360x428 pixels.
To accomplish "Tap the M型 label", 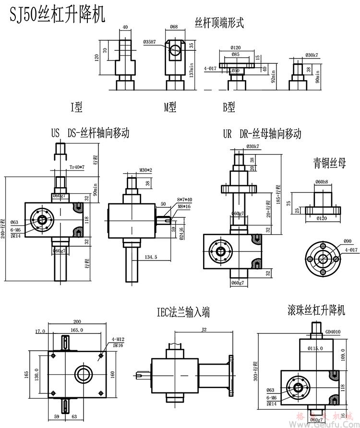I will pos(170,107).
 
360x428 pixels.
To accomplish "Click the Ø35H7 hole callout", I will pos(151,42).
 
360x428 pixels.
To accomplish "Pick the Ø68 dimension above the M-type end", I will pos(174,27).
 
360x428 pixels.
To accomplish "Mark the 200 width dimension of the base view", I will pos(76,322).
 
